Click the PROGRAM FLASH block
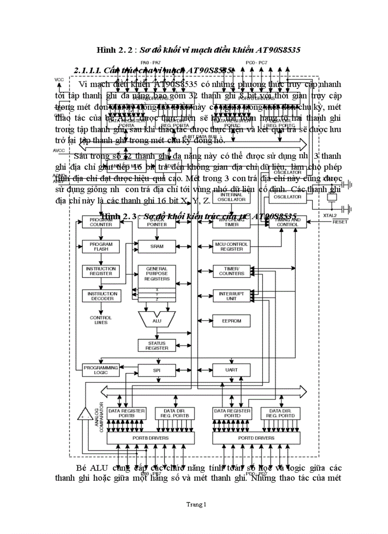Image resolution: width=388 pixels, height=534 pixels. pos(101,246)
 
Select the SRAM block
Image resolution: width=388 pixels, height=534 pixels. pos(157,246)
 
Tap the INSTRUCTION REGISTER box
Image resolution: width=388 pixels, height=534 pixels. pos(101,271)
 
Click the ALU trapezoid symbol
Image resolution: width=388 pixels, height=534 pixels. pos(157,320)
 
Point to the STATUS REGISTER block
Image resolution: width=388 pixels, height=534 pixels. pos(157,345)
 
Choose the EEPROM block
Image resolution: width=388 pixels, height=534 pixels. pos(232,321)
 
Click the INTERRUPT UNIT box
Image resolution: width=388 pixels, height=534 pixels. pos(232,296)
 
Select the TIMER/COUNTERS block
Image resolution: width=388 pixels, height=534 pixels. pos(232,271)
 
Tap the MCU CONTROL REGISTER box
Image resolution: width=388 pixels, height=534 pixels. pos(232,246)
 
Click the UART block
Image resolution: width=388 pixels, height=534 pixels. pos(232,369)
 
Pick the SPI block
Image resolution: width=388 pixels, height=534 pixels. pos(157,369)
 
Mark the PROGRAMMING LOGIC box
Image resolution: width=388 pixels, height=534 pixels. pos(101,369)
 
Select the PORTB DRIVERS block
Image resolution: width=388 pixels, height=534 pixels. pos(149,438)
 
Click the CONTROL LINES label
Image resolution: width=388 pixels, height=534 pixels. pos(101,320)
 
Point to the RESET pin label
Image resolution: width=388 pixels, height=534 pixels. pos(339,222)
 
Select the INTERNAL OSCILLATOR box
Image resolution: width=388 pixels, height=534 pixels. pos(232,197)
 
